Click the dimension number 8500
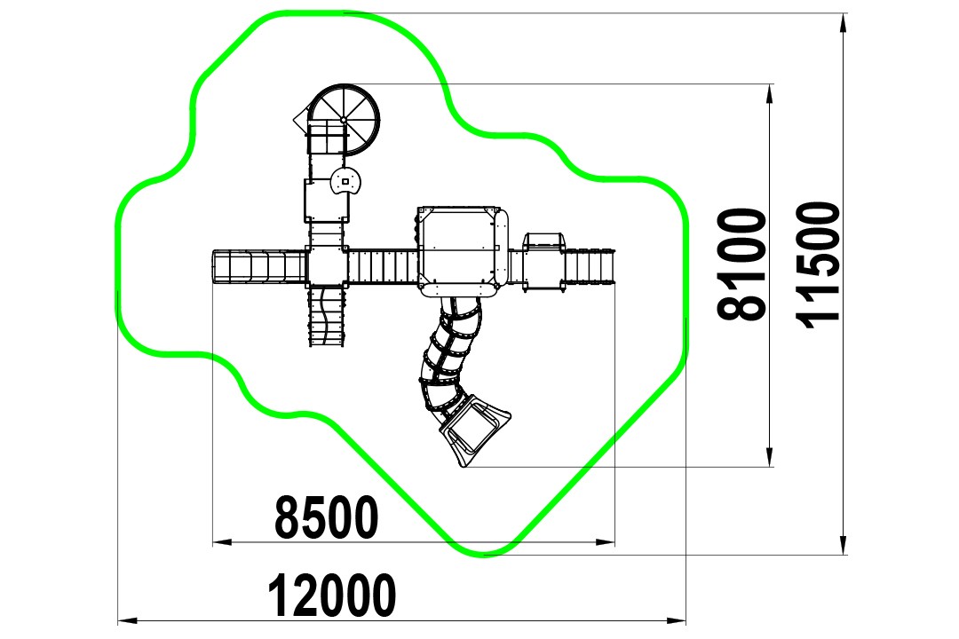[x=327, y=517]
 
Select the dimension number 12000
[x=332, y=595]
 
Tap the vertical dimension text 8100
[x=741, y=264]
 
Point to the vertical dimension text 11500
[x=819, y=265]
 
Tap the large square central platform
[x=463, y=250]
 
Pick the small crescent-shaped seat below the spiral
[x=347, y=181]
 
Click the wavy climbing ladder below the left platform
[x=326, y=317]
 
